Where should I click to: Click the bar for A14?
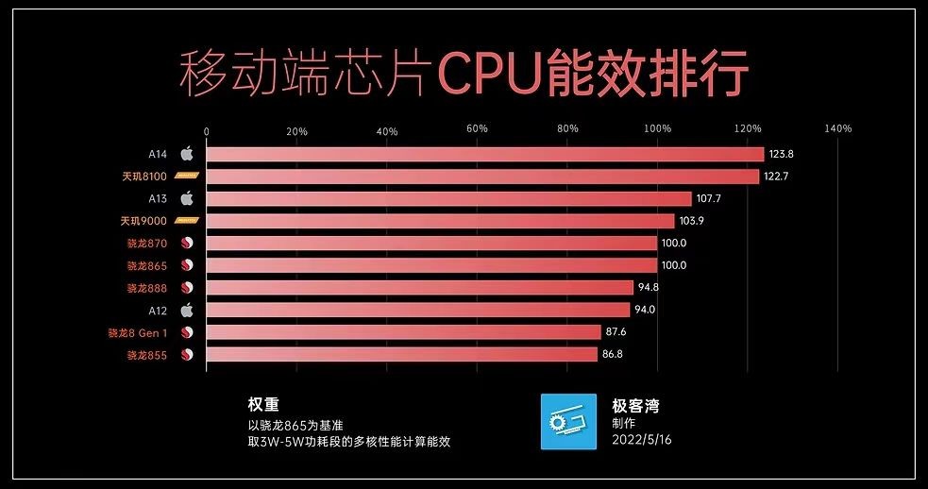tap(484, 154)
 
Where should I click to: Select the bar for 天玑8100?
tap(481, 177)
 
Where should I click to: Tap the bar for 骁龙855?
tap(401, 355)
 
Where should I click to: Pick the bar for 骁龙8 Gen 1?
tap(403, 332)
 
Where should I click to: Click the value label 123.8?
tap(782, 154)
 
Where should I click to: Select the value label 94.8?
tap(650, 288)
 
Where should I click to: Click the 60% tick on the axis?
tap(477, 129)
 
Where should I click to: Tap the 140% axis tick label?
tap(837, 129)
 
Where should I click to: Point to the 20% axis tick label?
tap(296, 129)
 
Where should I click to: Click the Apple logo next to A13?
tap(187, 198)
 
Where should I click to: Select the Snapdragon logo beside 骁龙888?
tap(187, 288)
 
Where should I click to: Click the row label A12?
tap(158, 310)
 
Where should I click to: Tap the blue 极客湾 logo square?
tap(568, 421)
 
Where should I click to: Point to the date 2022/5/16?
tap(642, 441)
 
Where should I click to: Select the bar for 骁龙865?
tap(431, 265)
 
